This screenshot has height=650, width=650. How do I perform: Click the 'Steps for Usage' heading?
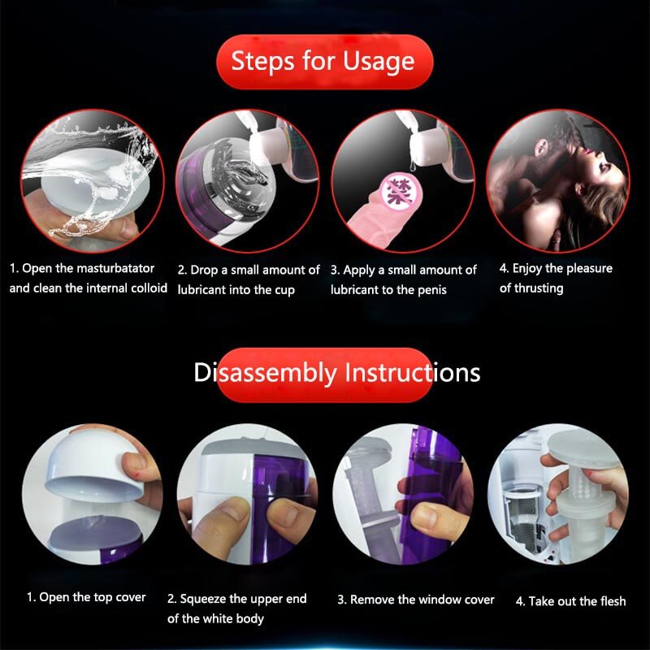click(323, 62)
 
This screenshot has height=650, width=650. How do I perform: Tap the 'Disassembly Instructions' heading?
click(336, 373)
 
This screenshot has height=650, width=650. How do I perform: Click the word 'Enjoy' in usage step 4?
click(530, 268)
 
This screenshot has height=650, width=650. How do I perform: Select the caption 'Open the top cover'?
click(86, 597)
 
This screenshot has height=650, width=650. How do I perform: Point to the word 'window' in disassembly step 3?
click(440, 600)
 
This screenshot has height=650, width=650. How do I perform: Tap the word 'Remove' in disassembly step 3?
click(372, 600)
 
